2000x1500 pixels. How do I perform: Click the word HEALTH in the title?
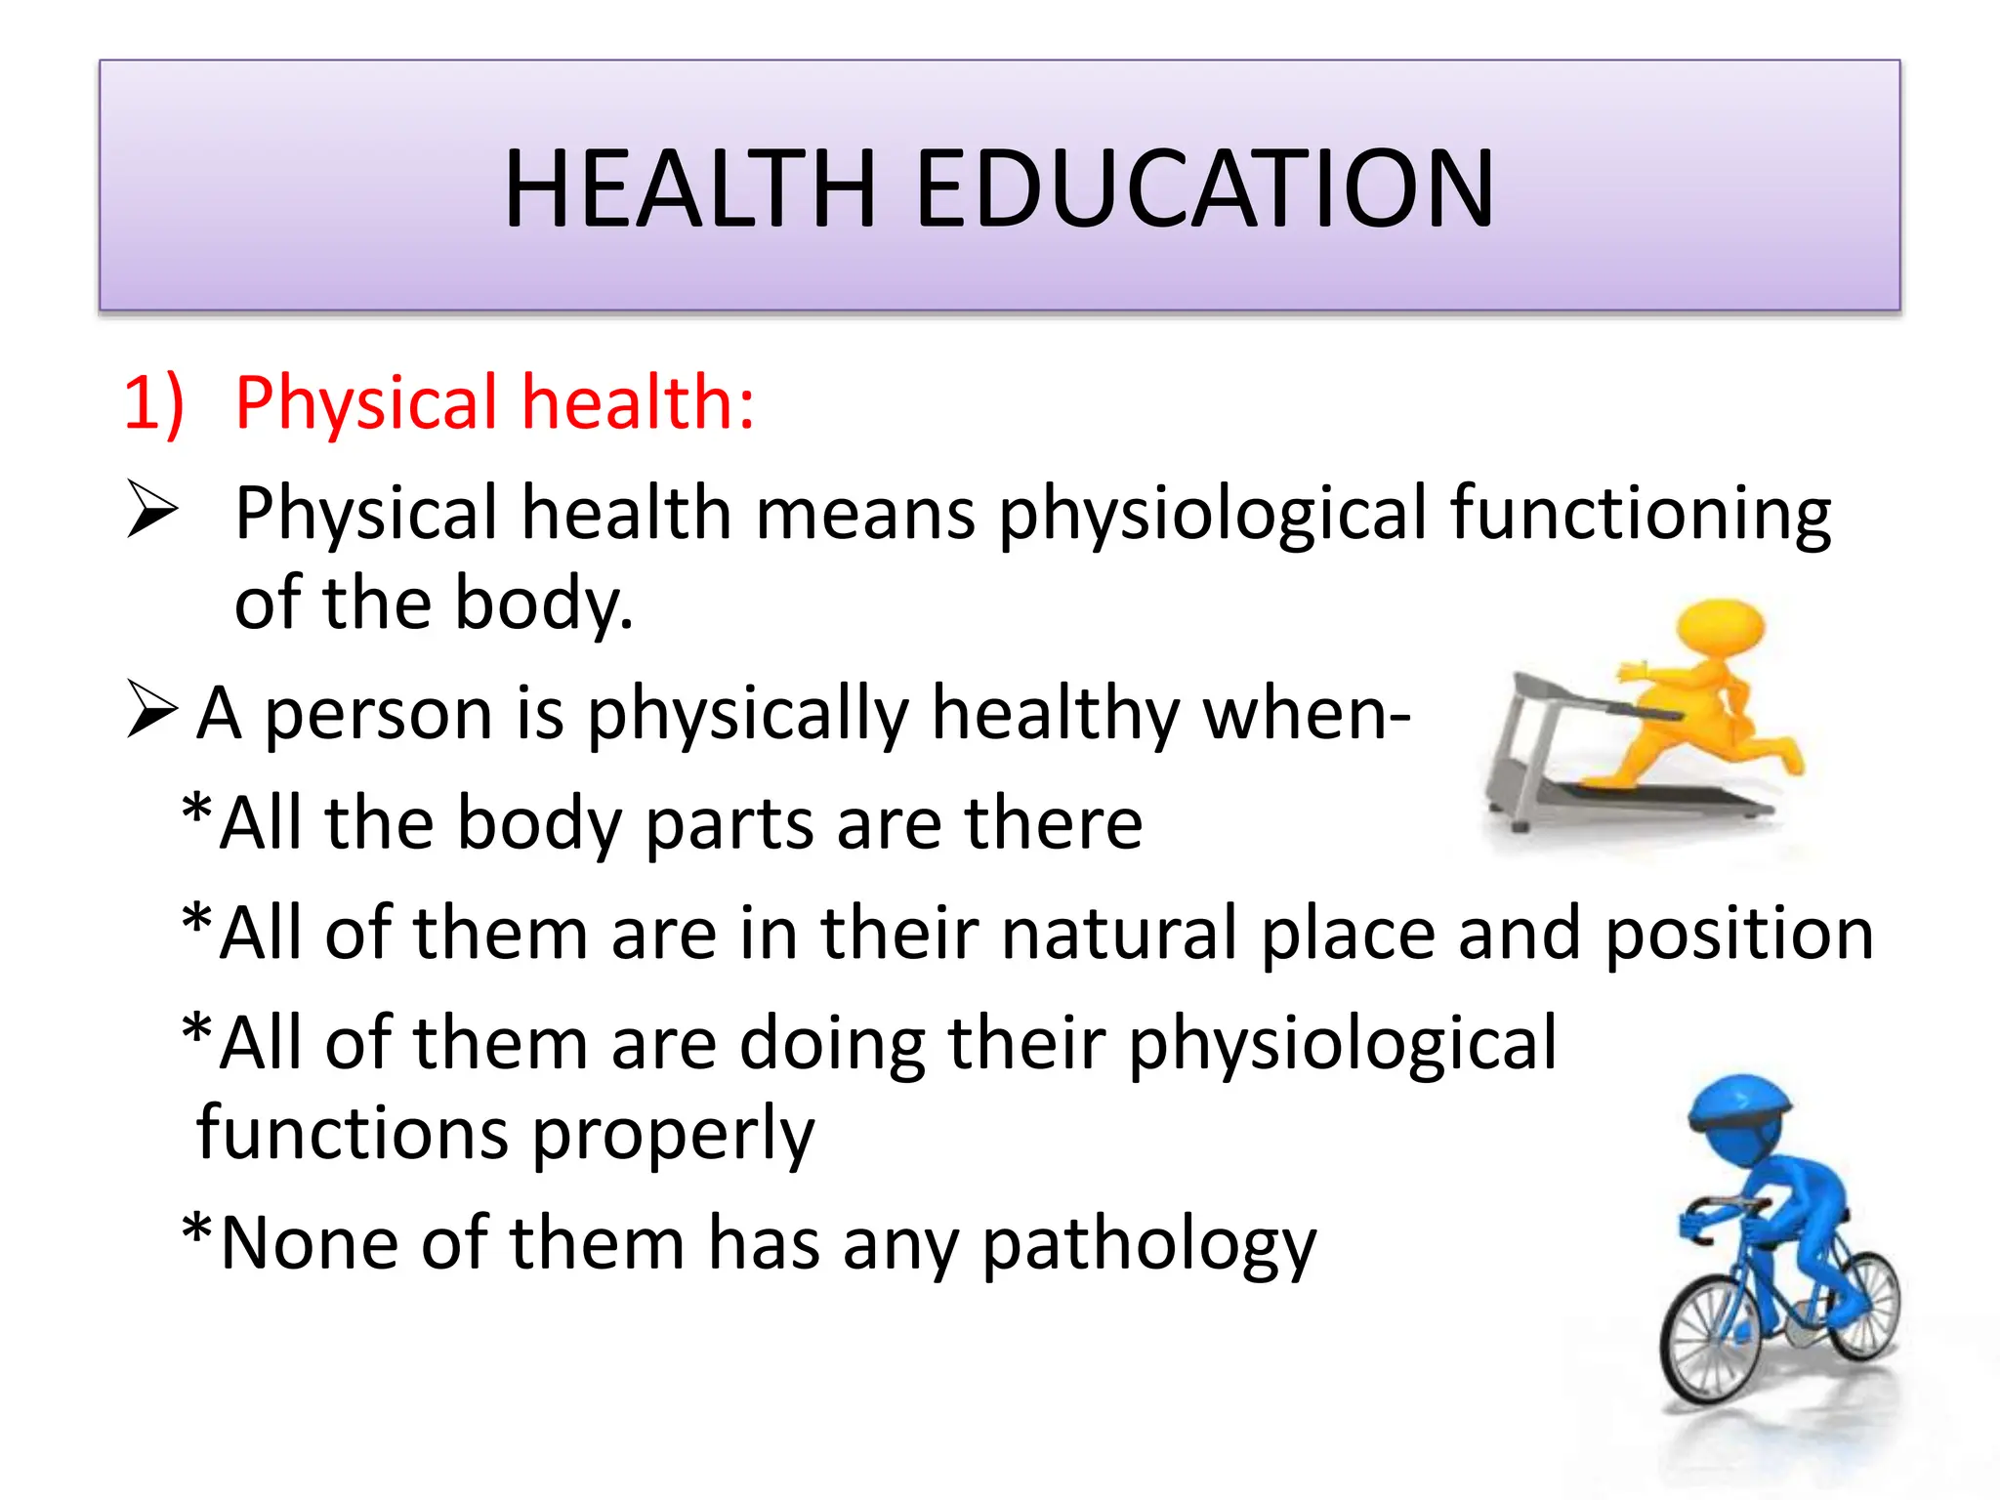pos(689,188)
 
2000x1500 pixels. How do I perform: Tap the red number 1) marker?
pos(153,402)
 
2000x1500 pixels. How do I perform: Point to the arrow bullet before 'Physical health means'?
pos(152,511)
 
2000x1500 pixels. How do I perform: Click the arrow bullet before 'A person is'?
pos(152,710)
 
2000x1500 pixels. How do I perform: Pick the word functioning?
pos(1640,515)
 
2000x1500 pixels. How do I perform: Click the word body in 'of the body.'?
pos(537,604)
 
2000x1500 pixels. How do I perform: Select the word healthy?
pos(1056,714)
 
